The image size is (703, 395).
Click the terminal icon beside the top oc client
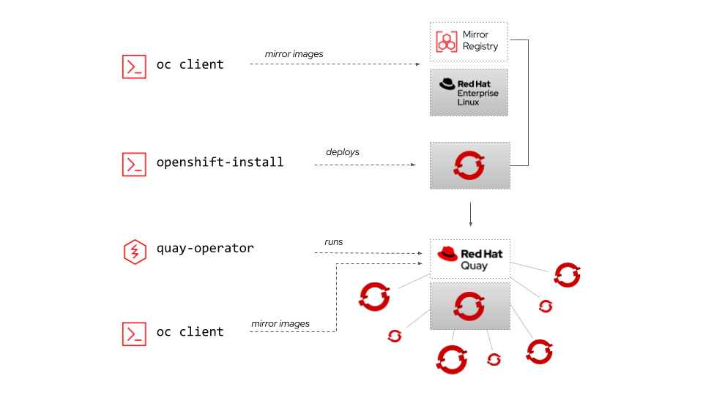pos(134,66)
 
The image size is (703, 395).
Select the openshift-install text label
pos(220,162)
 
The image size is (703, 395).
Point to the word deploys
pos(343,152)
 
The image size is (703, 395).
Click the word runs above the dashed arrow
pos(334,241)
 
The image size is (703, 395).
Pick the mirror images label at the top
pos(294,54)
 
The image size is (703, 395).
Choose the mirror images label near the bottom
pos(280,323)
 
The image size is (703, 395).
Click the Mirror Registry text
pos(480,40)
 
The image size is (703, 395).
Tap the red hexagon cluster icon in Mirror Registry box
pos(447,41)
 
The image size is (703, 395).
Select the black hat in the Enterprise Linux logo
pos(447,84)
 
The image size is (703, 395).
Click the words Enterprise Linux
pos(477,97)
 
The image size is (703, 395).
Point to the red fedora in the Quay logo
pos(447,254)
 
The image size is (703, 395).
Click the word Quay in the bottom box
pos(474,266)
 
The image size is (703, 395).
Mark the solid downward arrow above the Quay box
pos(470,214)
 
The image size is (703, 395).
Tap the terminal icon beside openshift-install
pos(134,164)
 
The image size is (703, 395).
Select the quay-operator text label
pos(205,248)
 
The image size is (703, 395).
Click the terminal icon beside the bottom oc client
pos(134,334)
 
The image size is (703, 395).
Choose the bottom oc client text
pos(190,331)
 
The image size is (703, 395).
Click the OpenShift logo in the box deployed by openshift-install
pos(469,165)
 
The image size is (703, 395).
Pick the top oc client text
pos(190,64)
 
